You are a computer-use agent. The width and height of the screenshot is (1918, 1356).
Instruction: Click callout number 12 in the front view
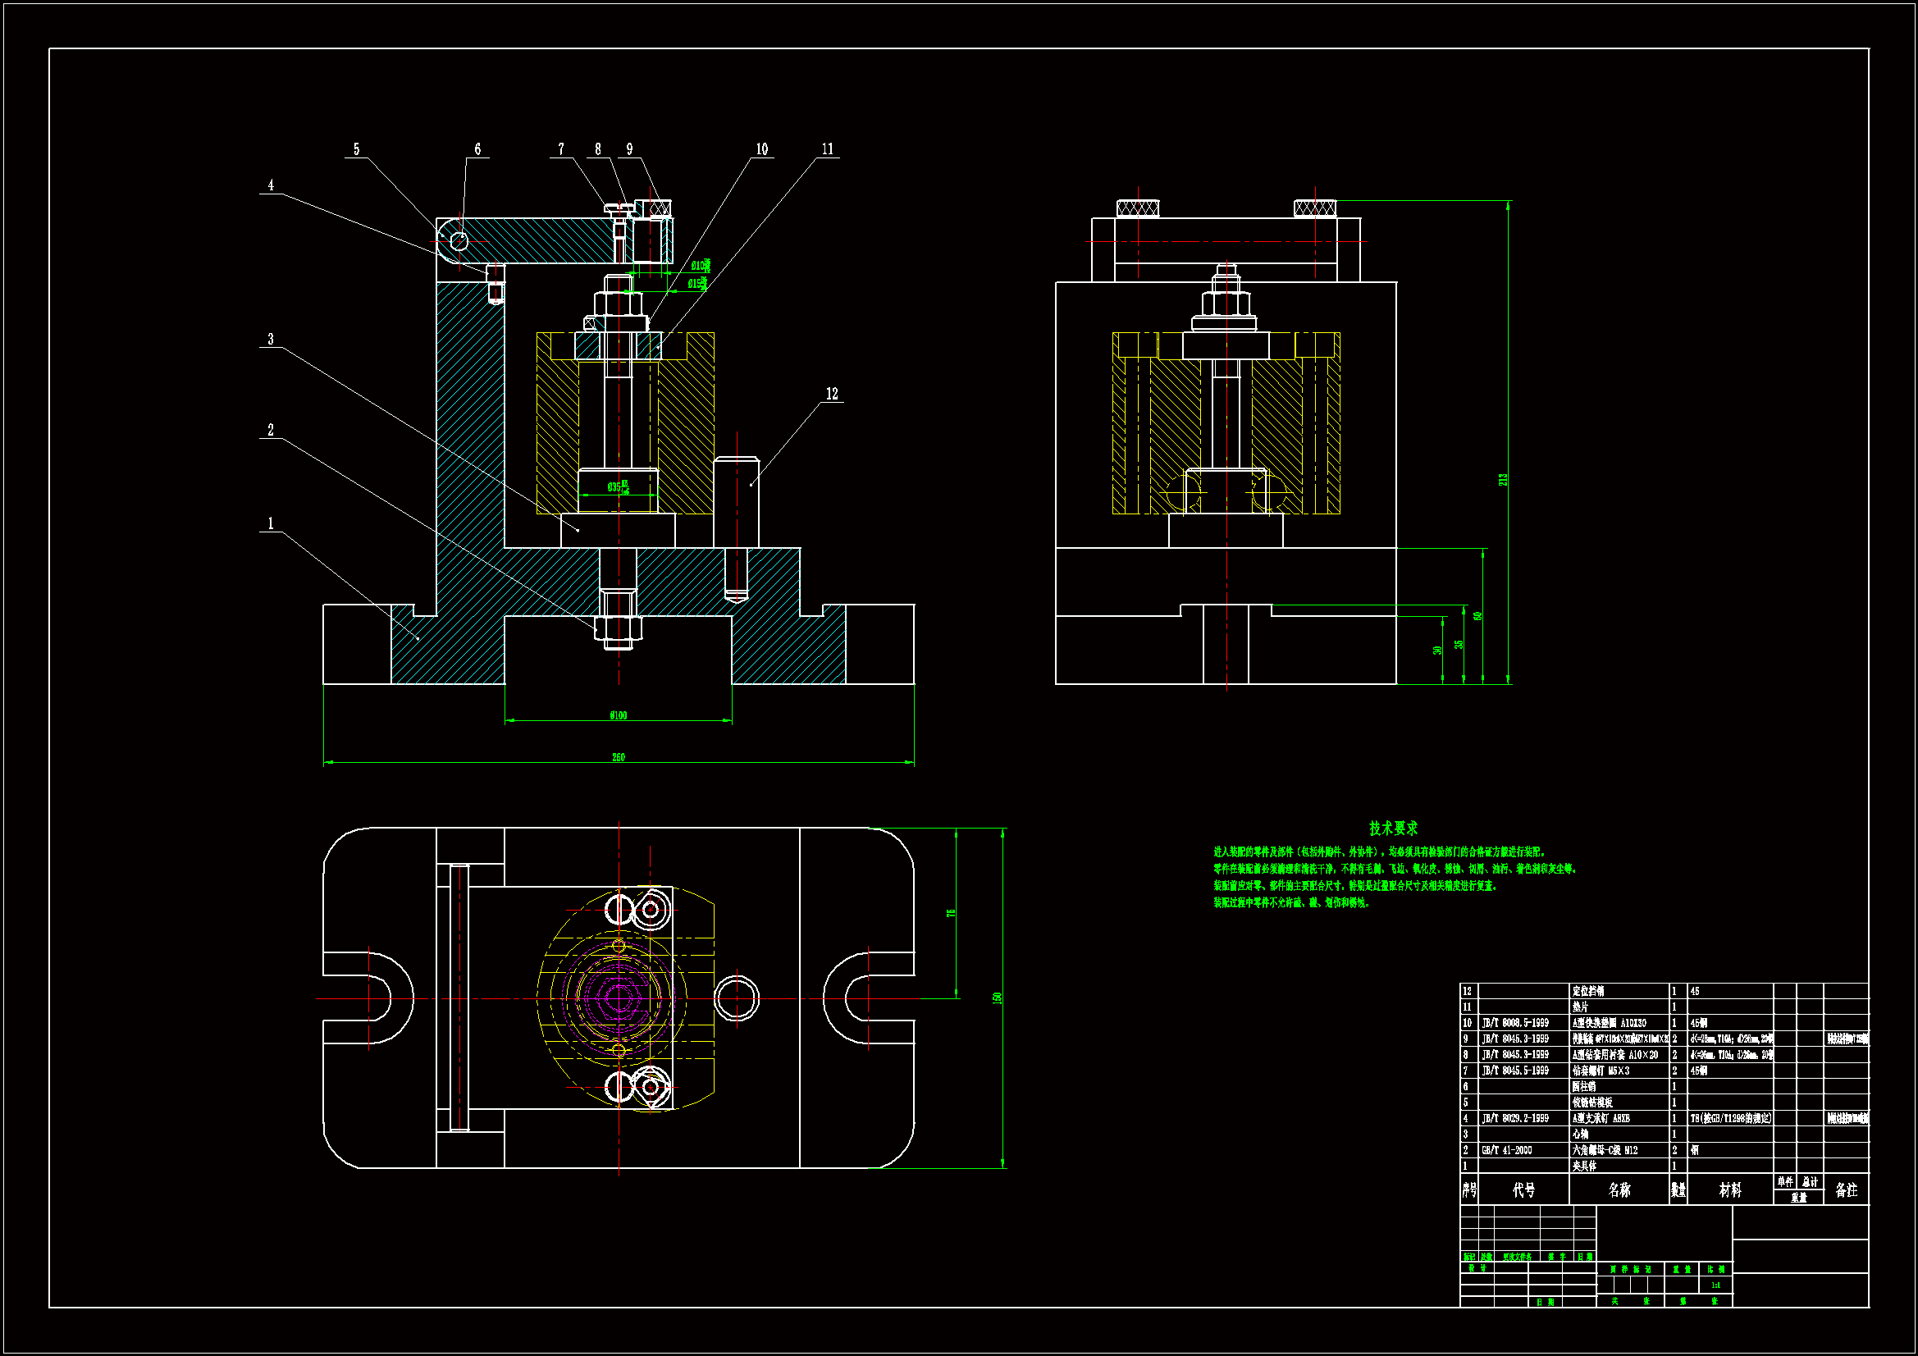point(832,394)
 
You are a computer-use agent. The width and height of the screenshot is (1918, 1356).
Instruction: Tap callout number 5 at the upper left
point(356,148)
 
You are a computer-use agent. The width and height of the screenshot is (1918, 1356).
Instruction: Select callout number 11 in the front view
point(827,148)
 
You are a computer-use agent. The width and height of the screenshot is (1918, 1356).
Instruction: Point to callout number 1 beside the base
point(270,524)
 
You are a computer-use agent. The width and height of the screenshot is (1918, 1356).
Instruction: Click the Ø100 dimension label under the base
point(619,715)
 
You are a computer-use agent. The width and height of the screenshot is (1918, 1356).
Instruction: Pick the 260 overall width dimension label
point(619,757)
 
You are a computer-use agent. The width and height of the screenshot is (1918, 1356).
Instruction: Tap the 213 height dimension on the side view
point(1503,480)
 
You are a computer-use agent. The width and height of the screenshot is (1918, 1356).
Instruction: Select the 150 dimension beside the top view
point(997,998)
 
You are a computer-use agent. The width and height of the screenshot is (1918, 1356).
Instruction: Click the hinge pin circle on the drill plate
point(459,241)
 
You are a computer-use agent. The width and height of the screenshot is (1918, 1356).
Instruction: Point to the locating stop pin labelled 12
point(736,501)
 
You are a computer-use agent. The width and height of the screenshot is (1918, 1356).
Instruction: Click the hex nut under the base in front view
point(619,627)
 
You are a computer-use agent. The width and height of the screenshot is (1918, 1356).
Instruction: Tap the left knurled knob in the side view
point(1138,208)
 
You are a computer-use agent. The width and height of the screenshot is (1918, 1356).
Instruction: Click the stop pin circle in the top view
point(737,998)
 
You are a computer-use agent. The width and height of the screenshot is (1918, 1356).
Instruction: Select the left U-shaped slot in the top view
point(368,998)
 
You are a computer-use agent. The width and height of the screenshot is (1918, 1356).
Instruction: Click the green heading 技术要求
point(1392,828)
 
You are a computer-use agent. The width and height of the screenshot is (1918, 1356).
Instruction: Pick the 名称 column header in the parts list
point(1619,1189)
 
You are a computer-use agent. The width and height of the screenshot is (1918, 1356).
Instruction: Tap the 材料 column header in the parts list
point(1730,1189)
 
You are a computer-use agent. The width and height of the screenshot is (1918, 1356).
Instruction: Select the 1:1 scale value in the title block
point(1715,1285)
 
